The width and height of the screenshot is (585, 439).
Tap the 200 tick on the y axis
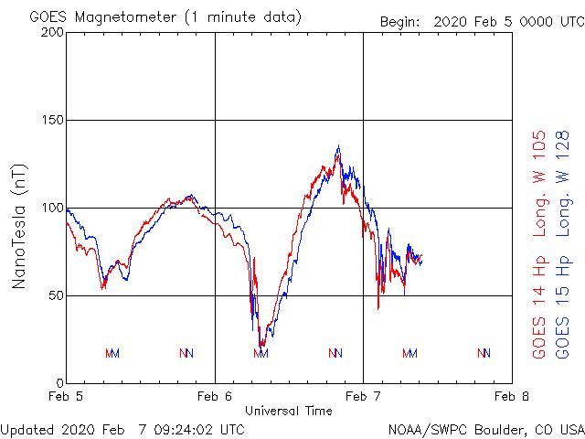coord(52,32)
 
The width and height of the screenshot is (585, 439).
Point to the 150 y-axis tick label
coord(52,120)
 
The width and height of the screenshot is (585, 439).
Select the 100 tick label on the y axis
coord(52,208)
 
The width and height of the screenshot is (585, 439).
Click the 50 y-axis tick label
coord(56,295)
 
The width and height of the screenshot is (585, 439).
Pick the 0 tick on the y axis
coord(59,383)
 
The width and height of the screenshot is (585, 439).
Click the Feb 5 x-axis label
coord(67,397)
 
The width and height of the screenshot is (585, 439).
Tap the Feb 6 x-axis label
coord(215,397)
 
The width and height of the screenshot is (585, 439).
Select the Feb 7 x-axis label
coord(363,397)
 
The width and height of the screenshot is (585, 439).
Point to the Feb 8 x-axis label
coord(510,397)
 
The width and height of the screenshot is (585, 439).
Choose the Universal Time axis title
coord(289,411)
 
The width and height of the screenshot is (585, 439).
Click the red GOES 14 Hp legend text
coord(539,307)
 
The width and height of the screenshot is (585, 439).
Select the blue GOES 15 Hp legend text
coord(563,307)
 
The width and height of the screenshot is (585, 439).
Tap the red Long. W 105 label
coord(539,183)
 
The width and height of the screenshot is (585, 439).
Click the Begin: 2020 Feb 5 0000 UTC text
coord(481,21)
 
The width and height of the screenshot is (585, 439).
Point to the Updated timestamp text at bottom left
coord(122,429)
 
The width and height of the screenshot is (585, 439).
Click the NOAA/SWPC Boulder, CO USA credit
coord(485,429)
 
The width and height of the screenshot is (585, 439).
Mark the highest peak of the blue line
coord(338,145)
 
